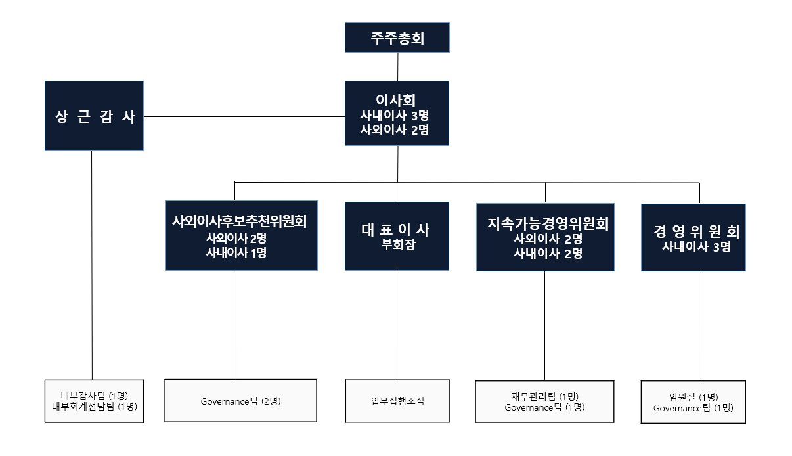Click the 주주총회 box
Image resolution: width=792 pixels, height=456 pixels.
pos(397,38)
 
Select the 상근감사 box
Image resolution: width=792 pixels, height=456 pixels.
pos(94,116)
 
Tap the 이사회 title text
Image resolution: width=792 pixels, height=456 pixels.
pos(397,100)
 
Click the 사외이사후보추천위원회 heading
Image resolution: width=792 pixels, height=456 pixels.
pos(240,221)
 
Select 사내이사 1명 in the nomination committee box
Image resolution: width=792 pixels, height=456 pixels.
pos(236,252)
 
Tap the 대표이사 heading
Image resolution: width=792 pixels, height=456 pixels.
pos(396,230)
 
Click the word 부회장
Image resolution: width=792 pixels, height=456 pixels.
pos(396,246)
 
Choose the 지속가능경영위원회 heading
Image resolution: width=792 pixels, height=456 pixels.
pos(548,224)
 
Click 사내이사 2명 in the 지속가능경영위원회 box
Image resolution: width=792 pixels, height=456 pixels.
pos(548,253)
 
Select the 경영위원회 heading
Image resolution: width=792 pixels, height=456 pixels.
pos(696,232)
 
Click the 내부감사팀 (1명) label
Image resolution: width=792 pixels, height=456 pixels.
pos(94,395)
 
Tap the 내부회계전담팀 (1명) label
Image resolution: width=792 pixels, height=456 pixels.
pos(94,406)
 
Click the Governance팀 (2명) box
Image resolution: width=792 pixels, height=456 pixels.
pos(240,401)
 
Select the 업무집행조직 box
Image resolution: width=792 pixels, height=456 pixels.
pos(397,401)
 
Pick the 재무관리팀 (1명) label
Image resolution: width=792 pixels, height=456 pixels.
pos(544,396)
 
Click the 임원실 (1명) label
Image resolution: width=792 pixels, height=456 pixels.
pos(693,397)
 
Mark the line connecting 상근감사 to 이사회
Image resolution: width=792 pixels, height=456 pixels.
pos(243,117)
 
